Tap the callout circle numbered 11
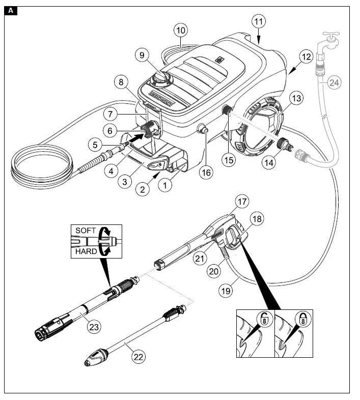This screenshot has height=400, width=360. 259,22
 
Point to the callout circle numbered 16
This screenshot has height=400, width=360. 206,173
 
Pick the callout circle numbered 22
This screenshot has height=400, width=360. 138,357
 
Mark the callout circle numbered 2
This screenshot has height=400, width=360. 144,190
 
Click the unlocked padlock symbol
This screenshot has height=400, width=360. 264,321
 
